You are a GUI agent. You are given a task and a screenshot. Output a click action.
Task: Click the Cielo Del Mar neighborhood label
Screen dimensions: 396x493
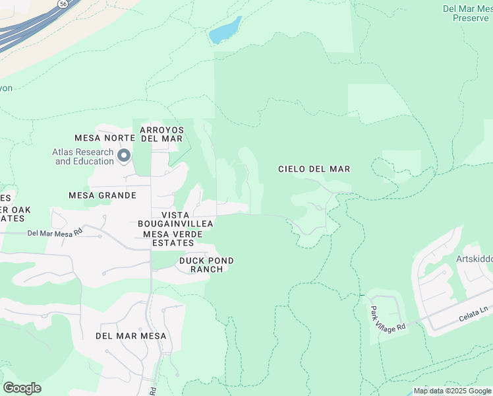314,169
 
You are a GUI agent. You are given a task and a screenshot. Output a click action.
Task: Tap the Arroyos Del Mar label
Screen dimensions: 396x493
161,133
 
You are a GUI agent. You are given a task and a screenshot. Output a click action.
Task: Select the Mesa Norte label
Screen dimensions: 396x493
105,138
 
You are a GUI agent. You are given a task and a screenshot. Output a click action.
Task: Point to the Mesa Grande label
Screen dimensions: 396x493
102,195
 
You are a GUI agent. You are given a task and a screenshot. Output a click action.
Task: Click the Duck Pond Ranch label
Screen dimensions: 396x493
206,265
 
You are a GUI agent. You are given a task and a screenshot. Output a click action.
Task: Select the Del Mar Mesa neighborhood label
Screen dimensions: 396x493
130,336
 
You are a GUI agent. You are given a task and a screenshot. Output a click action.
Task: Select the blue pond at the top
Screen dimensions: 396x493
225,31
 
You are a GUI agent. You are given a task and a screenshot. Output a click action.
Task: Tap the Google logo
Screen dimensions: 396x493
22,388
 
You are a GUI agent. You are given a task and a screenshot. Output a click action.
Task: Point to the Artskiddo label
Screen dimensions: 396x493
474,259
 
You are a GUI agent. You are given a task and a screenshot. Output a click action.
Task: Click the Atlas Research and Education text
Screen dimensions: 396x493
83,156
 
